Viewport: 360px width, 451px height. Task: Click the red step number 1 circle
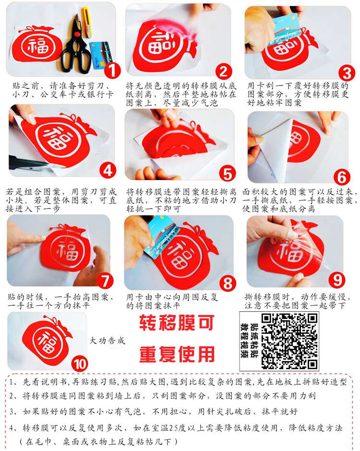click(x=112, y=70)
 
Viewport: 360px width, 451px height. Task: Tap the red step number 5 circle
click(x=228, y=174)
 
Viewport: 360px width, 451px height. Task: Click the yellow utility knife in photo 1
click(x=86, y=22)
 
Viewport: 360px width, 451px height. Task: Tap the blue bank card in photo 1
click(x=101, y=55)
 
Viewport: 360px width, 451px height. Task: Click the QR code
click(x=289, y=341)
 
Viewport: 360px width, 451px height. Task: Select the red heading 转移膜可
click(x=177, y=322)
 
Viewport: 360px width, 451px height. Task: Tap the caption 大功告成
click(x=107, y=341)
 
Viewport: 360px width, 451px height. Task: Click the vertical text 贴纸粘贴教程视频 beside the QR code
click(x=250, y=341)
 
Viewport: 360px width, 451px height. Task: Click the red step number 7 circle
click(x=105, y=280)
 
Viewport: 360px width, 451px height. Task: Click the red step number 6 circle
click(x=342, y=177)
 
